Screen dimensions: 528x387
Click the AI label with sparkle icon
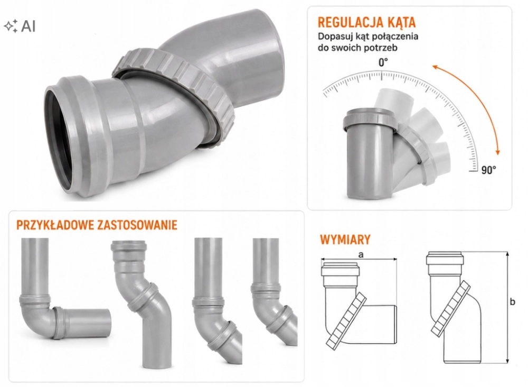(20, 25)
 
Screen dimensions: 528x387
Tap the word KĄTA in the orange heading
(400, 22)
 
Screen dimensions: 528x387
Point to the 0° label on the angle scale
(383, 62)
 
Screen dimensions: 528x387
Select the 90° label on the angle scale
(488, 170)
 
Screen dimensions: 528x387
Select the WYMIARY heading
(345, 239)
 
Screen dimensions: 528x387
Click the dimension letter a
(361, 255)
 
